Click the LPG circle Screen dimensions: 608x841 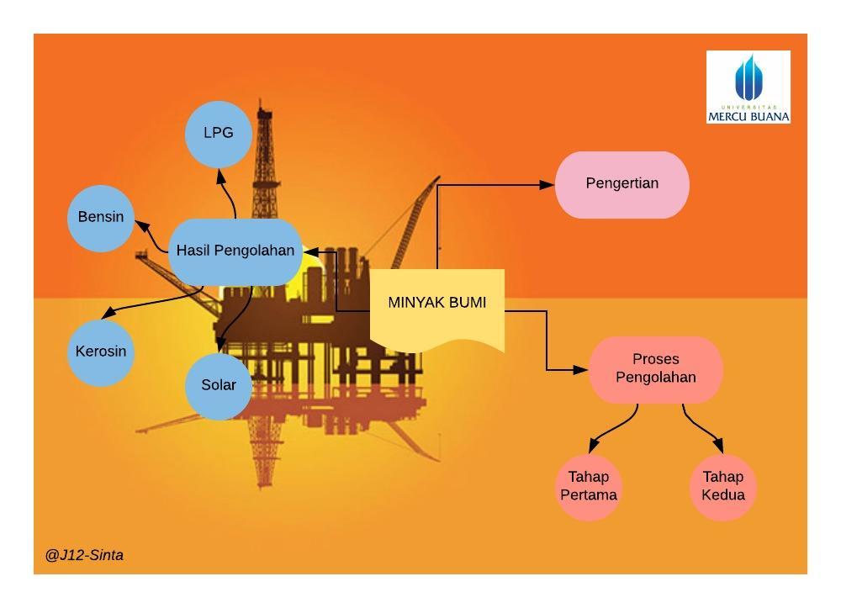pyautogui.click(x=219, y=133)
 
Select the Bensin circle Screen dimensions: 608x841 pyautogui.click(x=101, y=217)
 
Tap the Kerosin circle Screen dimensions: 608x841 pyautogui.click(x=101, y=352)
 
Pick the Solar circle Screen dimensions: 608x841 pyautogui.click(x=219, y=385)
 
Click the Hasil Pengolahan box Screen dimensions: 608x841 pyautogui.click(x=235, y=251)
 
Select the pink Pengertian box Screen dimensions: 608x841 pyautogui.click(x=622, y=184)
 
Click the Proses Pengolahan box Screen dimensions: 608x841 pyautogui.click(x=656, y=369)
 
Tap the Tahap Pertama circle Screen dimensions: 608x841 pyautogui.click(x=589, y=487)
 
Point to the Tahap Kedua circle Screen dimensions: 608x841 pyautogui.click(x=723, y=487)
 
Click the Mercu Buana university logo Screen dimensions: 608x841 pyautogui.click(x=748, y=87)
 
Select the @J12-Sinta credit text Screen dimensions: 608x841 pyautogui.click(x=84, y=555)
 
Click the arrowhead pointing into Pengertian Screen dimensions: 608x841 pyautogui.click(x=548, y=184)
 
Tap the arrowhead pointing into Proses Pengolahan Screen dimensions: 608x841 pyautogui.click(x=582, y=369)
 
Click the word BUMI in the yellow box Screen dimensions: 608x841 pyautogui.click(x=467, y=302)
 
